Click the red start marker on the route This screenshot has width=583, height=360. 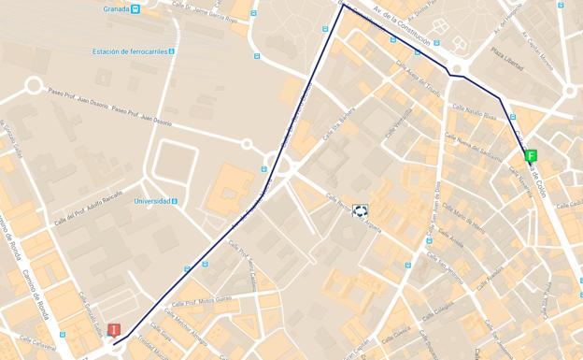114,330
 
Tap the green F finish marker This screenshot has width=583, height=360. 531,156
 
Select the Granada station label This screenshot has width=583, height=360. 116,8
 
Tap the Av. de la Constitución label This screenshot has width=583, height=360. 401,23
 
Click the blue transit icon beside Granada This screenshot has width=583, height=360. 135,8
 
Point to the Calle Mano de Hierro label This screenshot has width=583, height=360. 464,224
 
